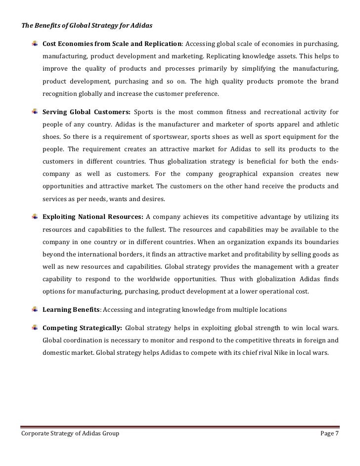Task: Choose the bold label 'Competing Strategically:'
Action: [x=82, y=328]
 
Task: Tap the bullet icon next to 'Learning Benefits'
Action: [x=34, y=309]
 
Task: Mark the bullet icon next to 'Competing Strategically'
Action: [x=34, y=328]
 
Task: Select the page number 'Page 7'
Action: [x=328, y=434]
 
